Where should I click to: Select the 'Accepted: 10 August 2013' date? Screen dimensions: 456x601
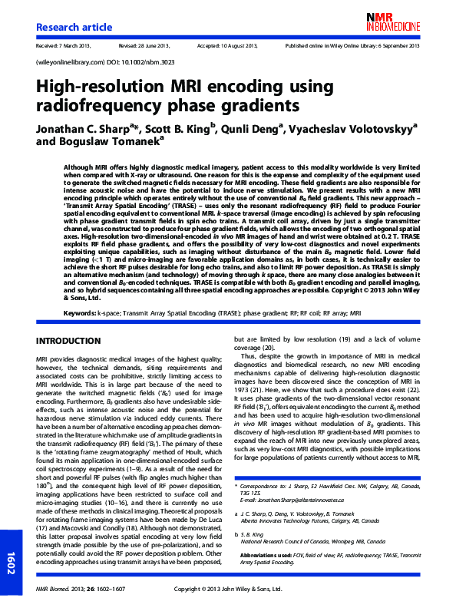[231, 46]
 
